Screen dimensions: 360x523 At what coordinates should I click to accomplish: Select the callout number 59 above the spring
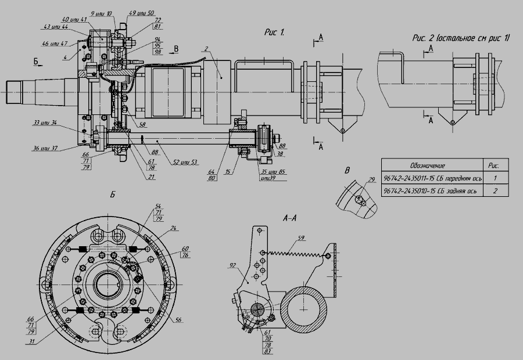point(300,237)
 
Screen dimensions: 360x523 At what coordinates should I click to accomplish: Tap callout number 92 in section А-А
point(232,265)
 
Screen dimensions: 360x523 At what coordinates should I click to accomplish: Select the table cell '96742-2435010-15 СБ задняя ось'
point(430,190)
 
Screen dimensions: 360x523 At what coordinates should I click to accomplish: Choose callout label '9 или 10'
point(101,12)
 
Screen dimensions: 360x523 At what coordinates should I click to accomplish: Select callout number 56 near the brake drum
point(178,320)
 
